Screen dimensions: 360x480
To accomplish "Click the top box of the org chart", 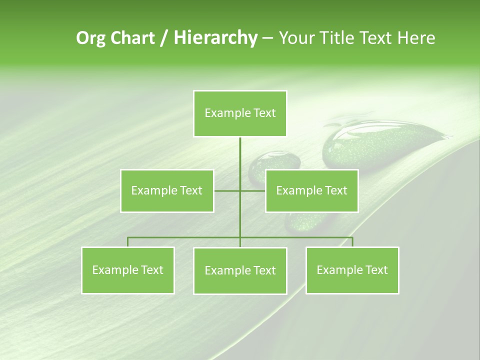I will (x=240, y=113).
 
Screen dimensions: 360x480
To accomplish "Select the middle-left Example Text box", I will (x=167, y=190).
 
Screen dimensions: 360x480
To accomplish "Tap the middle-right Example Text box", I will (x=311, y=190).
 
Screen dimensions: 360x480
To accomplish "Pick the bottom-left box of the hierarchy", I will (x=128, y=270).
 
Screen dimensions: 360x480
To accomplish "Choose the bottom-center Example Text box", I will (x=240, y=270).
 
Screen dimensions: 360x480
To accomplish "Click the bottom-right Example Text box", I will (x=352, y=270).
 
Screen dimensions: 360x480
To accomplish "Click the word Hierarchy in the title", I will (x=215, y=37).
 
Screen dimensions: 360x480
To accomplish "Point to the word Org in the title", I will (x=90, y=37).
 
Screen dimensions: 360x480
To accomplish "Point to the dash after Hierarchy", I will (x=267, y=38).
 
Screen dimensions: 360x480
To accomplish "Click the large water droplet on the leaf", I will (x=380, y=145).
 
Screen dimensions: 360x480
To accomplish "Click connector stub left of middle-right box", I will (x=253, y=190).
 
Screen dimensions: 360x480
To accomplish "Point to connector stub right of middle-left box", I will (x=226, y=190).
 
